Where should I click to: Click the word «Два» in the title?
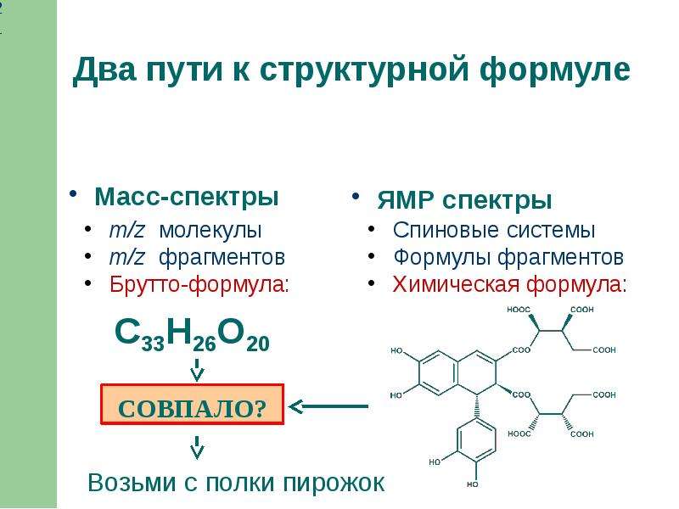pyautogui.click(x=104, y=69)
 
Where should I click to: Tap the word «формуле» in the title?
pyautogui.click(x=555, y=70)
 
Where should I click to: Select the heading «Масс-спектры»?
pyautogui.click(x=186, y=198)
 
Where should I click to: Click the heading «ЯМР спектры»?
pyautogui.click(x=464, y=200)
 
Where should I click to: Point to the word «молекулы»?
pyautogui.click(x=210, y=230)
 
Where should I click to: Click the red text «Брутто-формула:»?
pyautogui.click(x=199, y=284)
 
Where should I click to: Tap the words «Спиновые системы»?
pyautogui.click(x=494, y=230)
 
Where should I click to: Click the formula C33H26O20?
pyautogui.click(x=193, y=334)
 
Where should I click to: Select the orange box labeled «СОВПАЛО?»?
pyautogui.click(x=193, y=405)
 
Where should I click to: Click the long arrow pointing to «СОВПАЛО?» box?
pyautogui.click(x=328, y=406)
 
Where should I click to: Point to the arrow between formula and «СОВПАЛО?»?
pyautogui.click(x=198, y=369)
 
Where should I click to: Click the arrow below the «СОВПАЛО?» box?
pyautogui.click(x=197, y=447)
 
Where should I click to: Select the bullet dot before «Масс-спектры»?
pyautogui.click(x=73, y=194)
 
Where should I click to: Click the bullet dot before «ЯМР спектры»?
pyautogui.click(x=356, y=197)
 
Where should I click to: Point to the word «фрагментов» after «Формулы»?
pyautogui.click(x=560, y=257)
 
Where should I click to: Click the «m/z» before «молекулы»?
pyautogui.click(x=126, y=230)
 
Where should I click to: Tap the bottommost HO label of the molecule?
pyautogui.click(x=473, y=484)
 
